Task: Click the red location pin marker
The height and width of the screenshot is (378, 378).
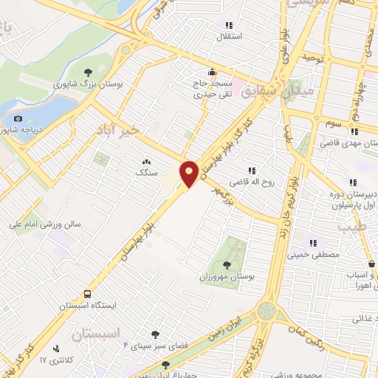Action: tap(189, 173)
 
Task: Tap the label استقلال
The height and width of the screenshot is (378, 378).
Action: tap(224, 35)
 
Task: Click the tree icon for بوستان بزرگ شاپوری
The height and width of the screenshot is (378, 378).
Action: tap(89, 72)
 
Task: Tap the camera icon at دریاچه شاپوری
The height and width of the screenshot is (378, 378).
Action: tap(18, 118)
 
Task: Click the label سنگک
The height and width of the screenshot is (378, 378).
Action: tap(145, 171)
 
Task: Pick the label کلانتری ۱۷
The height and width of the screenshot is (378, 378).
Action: tap(53, 360)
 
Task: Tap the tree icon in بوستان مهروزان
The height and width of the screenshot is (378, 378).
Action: tap(226, 264)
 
